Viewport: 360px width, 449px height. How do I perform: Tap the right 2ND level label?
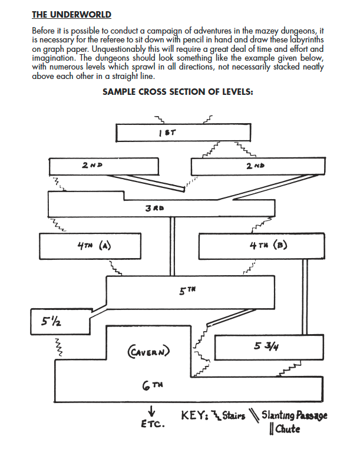(255, 167)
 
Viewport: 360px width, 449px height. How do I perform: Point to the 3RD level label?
(154, 207)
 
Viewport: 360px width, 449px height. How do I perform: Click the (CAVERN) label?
(148, 352)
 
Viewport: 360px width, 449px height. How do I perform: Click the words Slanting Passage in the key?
(294, 415)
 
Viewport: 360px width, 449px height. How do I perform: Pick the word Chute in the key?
(287, 429)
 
